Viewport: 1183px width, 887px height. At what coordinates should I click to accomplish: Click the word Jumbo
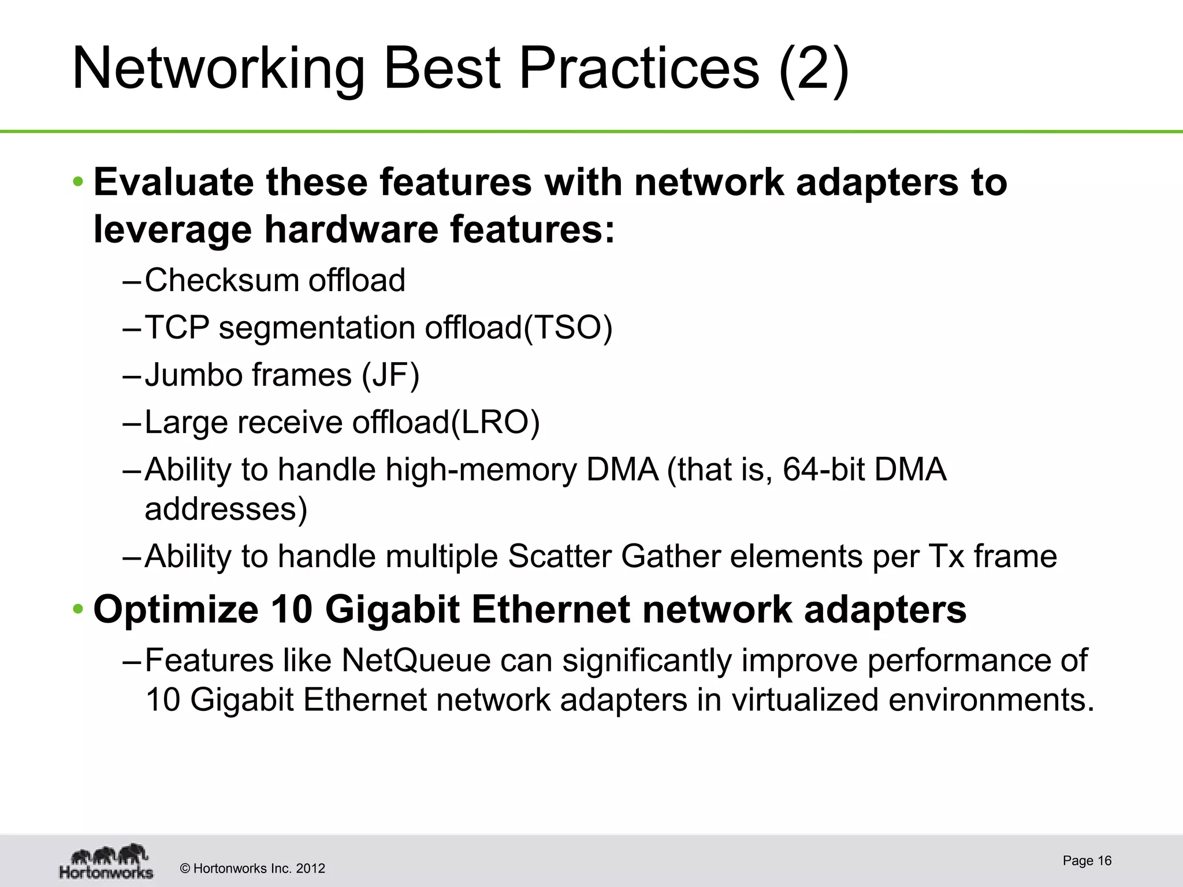point(191,375)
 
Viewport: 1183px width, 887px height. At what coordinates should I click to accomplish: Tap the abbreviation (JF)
point(390,375)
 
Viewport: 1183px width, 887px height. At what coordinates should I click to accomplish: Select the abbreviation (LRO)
point(494,423)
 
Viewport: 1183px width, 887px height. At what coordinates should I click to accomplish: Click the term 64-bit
point(823,469)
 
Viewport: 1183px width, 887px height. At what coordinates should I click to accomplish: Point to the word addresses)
point(226,509)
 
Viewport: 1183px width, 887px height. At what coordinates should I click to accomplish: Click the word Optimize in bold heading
point(176,610)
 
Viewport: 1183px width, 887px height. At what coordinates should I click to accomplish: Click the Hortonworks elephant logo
point(107,861)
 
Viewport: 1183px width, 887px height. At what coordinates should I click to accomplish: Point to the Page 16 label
point(1087,861)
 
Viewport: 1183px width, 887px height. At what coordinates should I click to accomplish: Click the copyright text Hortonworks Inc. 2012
point(253,869)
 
